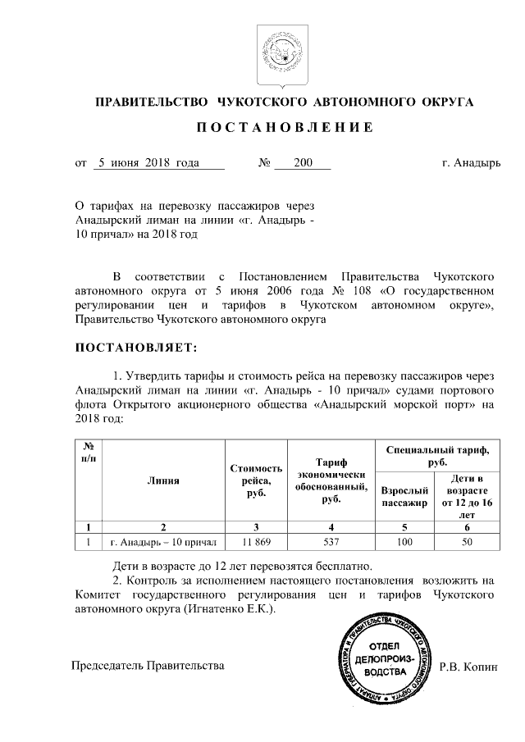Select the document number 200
click(x=303, y=162)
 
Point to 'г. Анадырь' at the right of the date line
click(x=469, y=162)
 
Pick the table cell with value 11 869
click(x=256, y=542)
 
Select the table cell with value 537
click(x=331, y=542)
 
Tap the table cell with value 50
click(x=467, y=542)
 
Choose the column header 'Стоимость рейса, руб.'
click(x=256, y=480)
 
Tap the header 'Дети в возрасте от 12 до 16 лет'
click(x=467, y=496)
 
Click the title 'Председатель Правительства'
click(x=148, y=667)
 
